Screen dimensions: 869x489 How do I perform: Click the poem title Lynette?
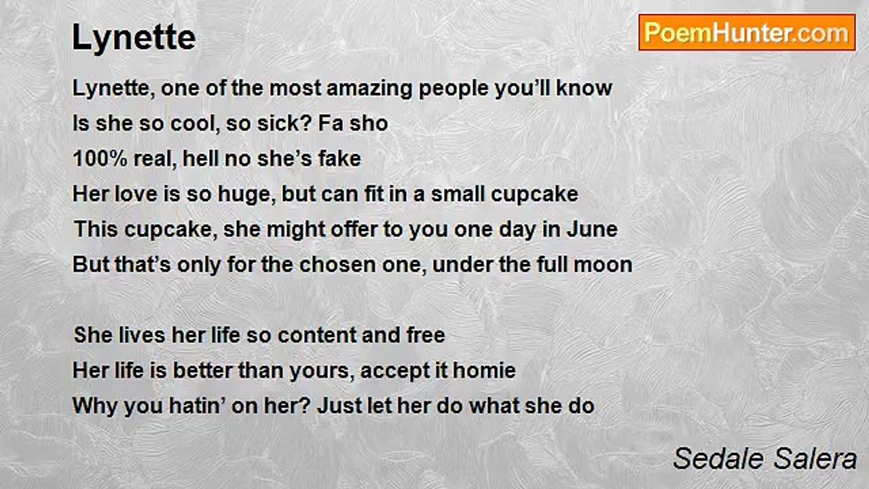tap(134, 38)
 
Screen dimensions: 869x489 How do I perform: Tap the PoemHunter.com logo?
tap(747, 33)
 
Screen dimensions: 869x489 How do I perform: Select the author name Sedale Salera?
tap(764, 458)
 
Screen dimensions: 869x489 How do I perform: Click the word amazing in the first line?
tap(369, 89)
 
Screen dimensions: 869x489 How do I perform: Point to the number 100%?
tap(100, 159)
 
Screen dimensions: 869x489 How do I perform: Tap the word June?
tap(592, 230)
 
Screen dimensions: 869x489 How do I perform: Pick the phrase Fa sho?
tap(353, 124)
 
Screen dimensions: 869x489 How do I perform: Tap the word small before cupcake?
tap(458, 194)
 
